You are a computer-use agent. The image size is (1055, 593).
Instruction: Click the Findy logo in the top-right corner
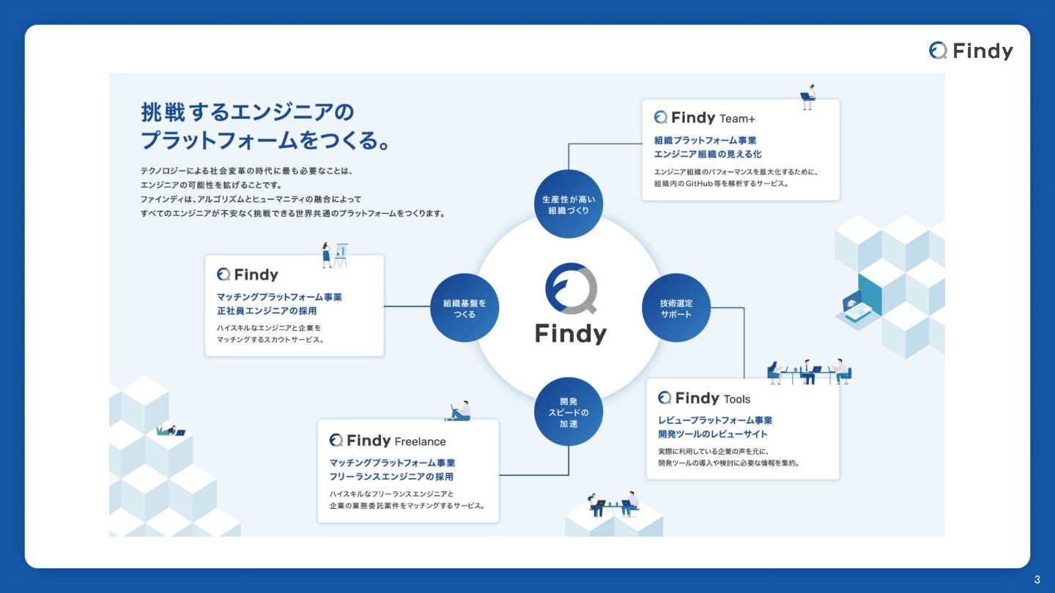point(971,51)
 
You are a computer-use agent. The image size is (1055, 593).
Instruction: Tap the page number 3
point(1037,580)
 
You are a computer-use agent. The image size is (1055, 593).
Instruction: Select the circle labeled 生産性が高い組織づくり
point(568,204)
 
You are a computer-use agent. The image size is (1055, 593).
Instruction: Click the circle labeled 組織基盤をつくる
point(464,308)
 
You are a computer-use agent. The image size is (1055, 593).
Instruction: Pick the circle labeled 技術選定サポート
point(675,308)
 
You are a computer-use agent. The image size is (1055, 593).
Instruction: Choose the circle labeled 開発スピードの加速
point(568,412)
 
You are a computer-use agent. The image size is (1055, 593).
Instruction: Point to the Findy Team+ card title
point(703,118)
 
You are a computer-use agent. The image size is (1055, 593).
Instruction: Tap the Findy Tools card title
point(704,398)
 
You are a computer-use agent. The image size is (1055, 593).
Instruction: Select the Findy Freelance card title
point(388,441)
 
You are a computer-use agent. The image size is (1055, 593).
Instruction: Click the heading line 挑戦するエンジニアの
point(248,113)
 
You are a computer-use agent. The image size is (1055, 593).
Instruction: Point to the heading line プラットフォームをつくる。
point(264,140)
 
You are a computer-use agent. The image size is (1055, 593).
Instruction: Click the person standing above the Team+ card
point(807,97)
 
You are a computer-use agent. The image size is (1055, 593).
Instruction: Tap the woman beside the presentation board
point(327,255)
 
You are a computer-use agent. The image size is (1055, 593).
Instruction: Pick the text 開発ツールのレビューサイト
point(713,434)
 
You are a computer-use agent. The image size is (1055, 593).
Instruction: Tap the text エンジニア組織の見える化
point(708,154)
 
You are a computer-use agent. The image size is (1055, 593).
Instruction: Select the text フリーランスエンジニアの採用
point(391,477)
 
